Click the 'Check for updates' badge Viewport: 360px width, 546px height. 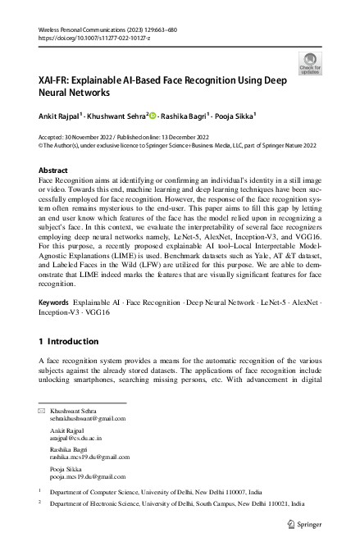(311, 63)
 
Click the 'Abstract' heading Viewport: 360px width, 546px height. (53, 170)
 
